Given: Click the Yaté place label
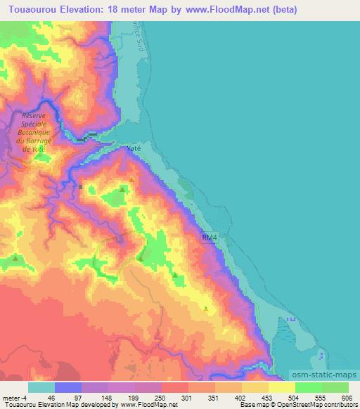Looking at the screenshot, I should (134, 150).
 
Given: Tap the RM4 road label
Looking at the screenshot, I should (210, 239).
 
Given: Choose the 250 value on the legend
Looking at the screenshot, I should (161, 397).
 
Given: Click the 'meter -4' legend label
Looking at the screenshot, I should (15, 397).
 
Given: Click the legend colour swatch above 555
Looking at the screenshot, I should (309, 387).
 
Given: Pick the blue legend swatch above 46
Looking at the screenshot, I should (68, 387).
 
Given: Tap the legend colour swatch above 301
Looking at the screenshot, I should (175, 387).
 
